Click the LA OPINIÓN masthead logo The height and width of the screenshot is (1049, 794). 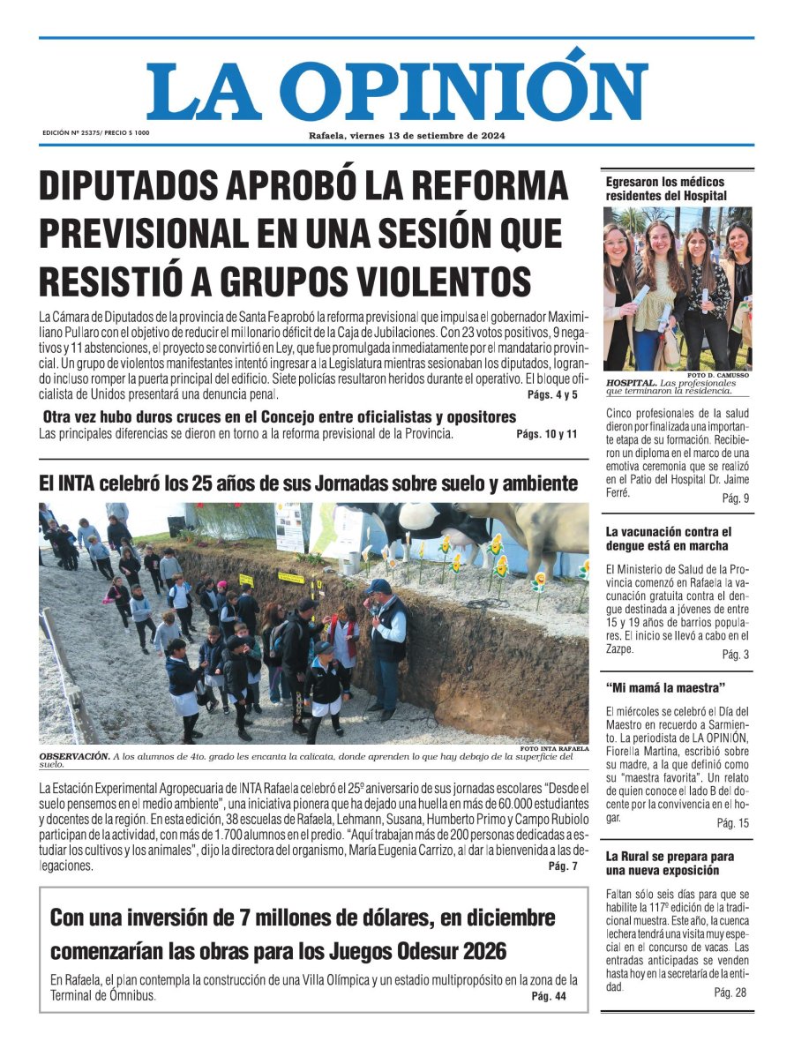[397, 88]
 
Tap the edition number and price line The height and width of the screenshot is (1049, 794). [96, 132]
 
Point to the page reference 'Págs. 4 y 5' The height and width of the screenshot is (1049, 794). [552, 394]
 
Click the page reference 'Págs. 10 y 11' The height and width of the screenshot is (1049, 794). [547, 434]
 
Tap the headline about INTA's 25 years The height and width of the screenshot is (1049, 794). [309, 483]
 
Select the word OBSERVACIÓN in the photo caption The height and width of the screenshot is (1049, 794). [73, 756]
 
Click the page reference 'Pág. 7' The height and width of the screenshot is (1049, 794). [563, 866]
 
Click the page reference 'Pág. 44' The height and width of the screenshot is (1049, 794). [548, 997]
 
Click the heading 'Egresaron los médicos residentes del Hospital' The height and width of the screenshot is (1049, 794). [666, 188]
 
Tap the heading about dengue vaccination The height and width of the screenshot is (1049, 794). [669, 539]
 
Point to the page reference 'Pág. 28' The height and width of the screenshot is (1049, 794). [730, 993]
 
